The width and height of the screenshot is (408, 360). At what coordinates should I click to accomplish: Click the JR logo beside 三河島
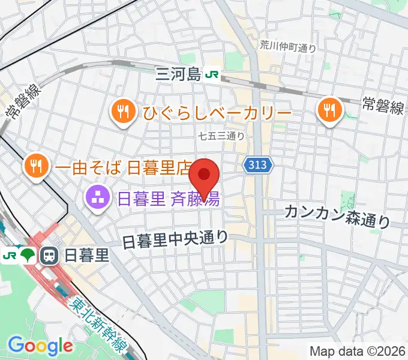(212, 74)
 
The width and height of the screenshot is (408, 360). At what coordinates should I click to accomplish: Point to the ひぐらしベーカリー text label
(217, 113)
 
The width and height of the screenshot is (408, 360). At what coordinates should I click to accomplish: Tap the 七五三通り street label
(221, 136)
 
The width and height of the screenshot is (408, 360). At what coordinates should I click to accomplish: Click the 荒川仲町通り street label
(288, 46)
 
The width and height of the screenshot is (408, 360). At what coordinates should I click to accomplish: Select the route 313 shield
(259, 164)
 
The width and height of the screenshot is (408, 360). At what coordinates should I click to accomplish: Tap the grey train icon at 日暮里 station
(49, 256)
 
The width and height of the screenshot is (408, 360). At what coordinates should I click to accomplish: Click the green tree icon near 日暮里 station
(28, 256)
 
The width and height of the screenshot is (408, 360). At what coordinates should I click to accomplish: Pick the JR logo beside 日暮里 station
(10, 256)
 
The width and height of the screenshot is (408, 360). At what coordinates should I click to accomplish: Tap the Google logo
(40, 346)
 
